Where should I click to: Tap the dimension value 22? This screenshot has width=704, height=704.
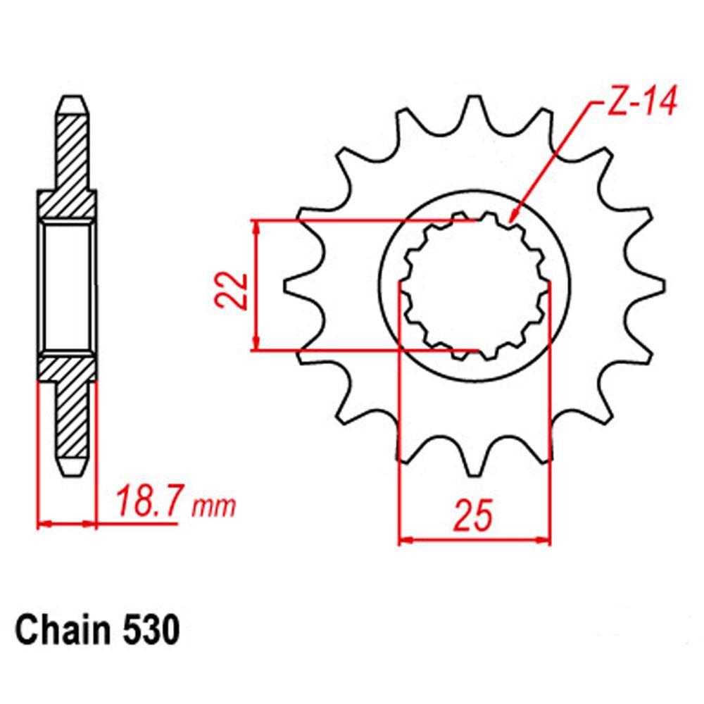coord(236,291)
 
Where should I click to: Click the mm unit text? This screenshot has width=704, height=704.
coord(213,507)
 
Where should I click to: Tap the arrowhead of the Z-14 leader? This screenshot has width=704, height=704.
coord(513,215)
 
